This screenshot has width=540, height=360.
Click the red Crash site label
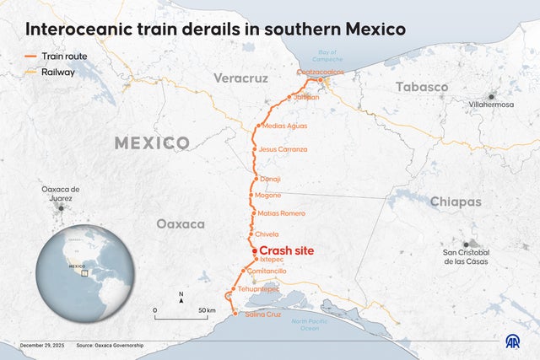(292, 251)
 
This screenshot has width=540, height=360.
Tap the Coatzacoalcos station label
(321, 73)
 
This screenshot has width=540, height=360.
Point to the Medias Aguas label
(284, 126)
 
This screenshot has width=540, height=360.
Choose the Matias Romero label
(281, 213)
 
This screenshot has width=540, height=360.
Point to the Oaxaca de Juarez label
(60, 193)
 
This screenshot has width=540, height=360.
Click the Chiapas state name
(456, 202)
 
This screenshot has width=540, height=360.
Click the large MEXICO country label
(152, 142)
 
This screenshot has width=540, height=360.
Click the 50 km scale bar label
(206, 310)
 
